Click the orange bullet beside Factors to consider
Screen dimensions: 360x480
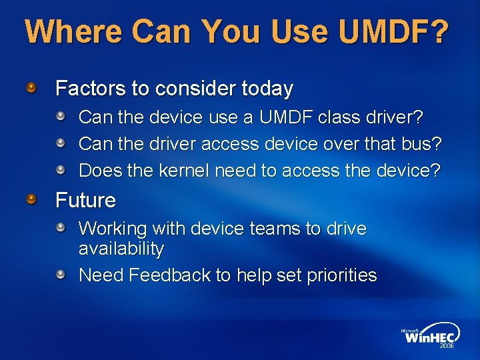(x=31, y=87)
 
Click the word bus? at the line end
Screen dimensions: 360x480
(x=423, y=144)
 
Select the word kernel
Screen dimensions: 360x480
(x=186, y=171)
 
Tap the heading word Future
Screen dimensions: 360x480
(x=85, y=200)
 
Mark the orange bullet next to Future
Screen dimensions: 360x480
(x=31, y=199)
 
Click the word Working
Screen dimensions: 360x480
(x=113, y=229)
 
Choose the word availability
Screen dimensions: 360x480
(x=121, y=249)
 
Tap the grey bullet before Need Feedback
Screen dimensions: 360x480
(x=61, y=275)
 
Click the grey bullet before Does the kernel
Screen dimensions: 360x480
(x=61, y=170)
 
